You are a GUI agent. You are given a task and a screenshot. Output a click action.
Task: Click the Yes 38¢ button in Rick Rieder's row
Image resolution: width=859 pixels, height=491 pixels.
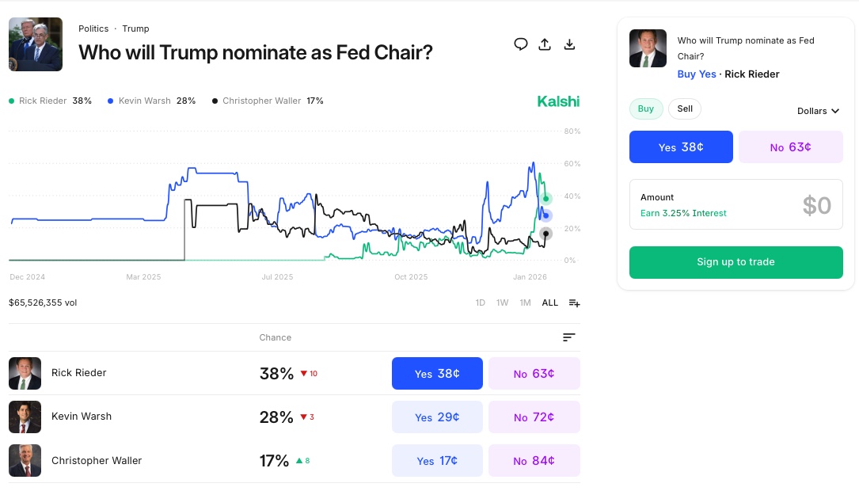(x=437, y=374)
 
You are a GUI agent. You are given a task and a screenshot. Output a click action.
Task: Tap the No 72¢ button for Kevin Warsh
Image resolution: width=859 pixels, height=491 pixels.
(x=534, y=417)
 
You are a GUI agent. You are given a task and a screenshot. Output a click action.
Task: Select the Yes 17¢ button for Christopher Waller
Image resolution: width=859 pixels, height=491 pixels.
(x=437, y=461)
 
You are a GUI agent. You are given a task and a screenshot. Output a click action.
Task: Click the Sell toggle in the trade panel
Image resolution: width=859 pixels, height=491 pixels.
(x=685, y=109)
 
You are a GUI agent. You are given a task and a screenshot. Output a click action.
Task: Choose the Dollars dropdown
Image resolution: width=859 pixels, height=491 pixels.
(x=817, y=111)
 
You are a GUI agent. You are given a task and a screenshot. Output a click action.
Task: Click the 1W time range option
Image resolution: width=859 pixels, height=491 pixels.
(x=502, y=303)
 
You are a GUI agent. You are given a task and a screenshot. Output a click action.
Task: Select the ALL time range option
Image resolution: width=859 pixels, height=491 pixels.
(x=549, y=303)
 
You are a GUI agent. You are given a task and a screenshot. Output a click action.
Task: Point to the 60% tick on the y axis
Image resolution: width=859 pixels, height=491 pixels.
(x=572, y=164)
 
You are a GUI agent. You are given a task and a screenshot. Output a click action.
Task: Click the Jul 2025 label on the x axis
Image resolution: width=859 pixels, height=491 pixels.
(x=278, y=277)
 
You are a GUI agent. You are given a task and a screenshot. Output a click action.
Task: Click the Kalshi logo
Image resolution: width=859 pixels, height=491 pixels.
(x=558, y=101)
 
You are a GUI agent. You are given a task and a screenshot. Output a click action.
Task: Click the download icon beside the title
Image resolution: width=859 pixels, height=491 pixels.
(x=569, y=44)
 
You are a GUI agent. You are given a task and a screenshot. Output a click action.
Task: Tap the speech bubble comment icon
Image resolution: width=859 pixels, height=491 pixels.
(x=520, y=44)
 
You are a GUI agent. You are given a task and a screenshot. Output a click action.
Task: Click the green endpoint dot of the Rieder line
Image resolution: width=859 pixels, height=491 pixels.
(x=545, y=199)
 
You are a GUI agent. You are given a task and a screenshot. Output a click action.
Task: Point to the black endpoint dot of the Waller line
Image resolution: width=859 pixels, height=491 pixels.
(x=545, y=233)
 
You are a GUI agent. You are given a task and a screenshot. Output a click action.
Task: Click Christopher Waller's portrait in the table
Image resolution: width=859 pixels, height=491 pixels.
(x=25, y=461)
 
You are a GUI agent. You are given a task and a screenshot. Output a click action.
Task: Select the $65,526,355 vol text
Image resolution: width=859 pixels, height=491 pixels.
(x=43, y=303)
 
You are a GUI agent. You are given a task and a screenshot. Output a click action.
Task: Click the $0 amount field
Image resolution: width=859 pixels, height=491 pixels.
(x=816, y=205)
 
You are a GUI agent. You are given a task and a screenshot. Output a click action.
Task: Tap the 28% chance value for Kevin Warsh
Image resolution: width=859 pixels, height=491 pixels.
(x=276, y=417)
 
